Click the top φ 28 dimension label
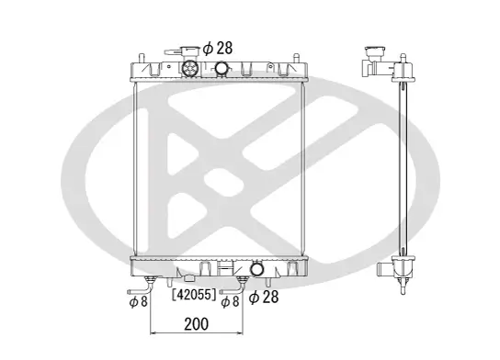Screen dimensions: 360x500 [x=219, y=48]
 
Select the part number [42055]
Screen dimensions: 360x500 [x=194, y=296]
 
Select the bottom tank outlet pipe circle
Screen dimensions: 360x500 [x=257, y=268]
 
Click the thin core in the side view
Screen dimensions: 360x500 [x=403, y=165]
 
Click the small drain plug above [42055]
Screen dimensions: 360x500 [x=189, y=278]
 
